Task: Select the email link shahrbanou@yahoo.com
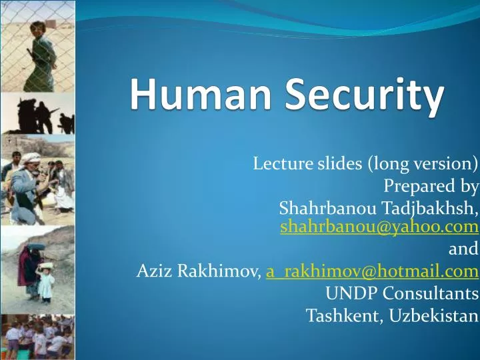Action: click(379, 227)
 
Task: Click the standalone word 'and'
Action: click(464, 249)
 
